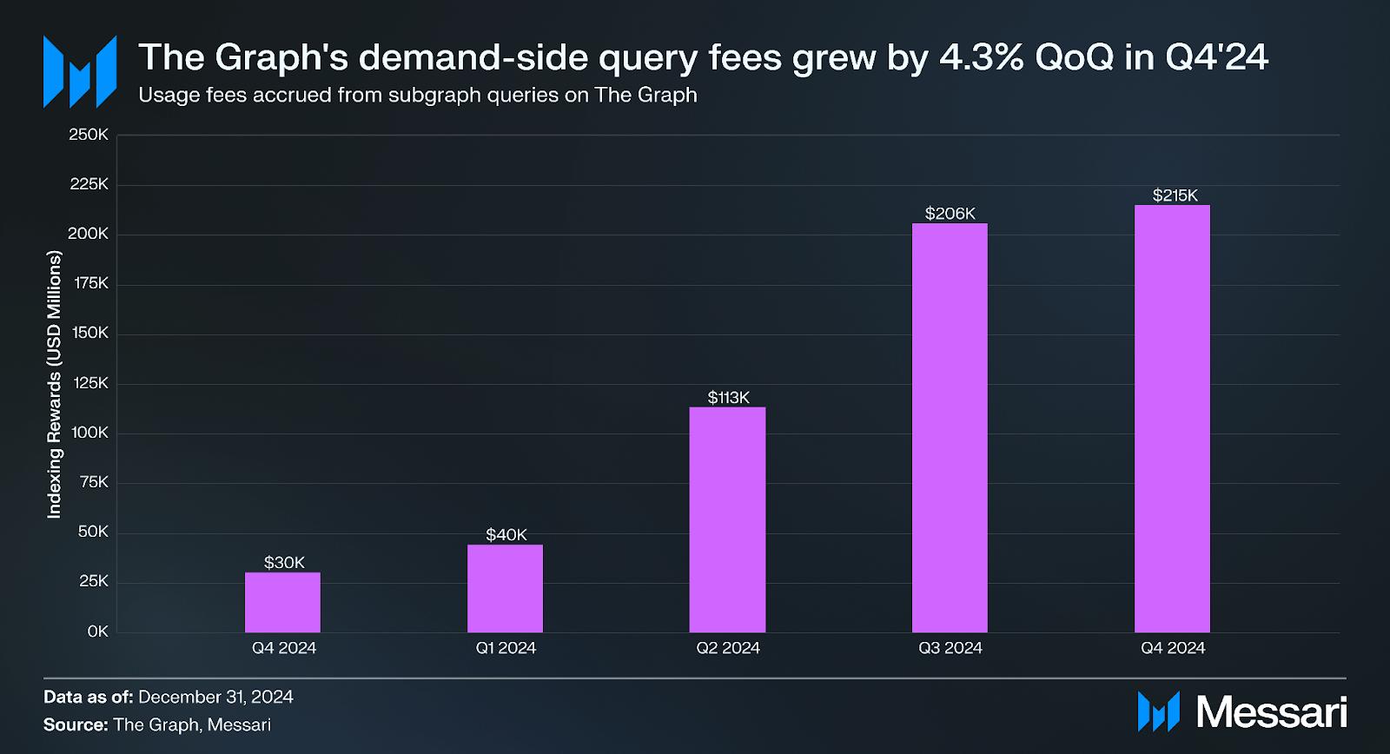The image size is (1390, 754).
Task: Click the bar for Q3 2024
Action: (950, 427)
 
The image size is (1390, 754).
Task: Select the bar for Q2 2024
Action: (727, 519)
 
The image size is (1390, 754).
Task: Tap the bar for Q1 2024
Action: (505, 588)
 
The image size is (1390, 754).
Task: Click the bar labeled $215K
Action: (1172, 419)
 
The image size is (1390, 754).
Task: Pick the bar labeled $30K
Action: (282, 602)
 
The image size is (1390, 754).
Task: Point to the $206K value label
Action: (950, 214)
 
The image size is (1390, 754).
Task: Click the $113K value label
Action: (728, 398)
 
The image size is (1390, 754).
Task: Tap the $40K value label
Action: (506, 535)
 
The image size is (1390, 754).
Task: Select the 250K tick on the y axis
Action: (89, 135)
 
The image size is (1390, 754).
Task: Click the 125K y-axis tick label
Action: (90, 383)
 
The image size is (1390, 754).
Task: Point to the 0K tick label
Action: (97, 632)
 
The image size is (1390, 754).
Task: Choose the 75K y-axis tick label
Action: (94, 482)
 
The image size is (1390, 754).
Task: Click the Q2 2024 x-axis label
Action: (728, 648)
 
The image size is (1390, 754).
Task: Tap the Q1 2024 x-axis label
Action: (506, 648)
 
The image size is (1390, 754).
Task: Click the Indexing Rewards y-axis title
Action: (55, 384)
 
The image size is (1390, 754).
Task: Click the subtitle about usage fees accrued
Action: (417, 95)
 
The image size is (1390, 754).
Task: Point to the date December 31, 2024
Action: (215, 697)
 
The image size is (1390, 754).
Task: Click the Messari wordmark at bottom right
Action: (1271, 712)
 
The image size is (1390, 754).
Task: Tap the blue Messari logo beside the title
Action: (80, 71)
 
